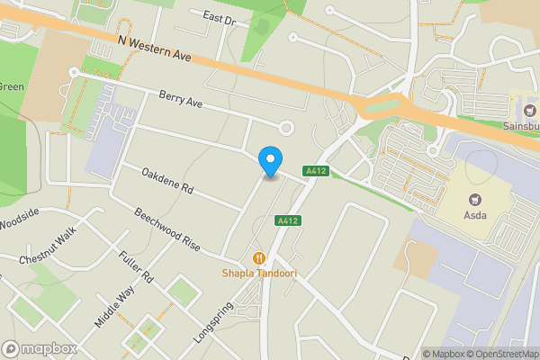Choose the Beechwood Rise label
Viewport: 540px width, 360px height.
pos(166,229)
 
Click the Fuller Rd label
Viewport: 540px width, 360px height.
pos(136,267)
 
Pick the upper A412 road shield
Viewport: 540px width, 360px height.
pos(314,171)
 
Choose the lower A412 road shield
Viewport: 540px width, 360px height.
pos(288,220)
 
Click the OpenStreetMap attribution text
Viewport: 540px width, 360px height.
pos(499,354)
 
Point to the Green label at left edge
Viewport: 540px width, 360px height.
pos(10,87)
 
